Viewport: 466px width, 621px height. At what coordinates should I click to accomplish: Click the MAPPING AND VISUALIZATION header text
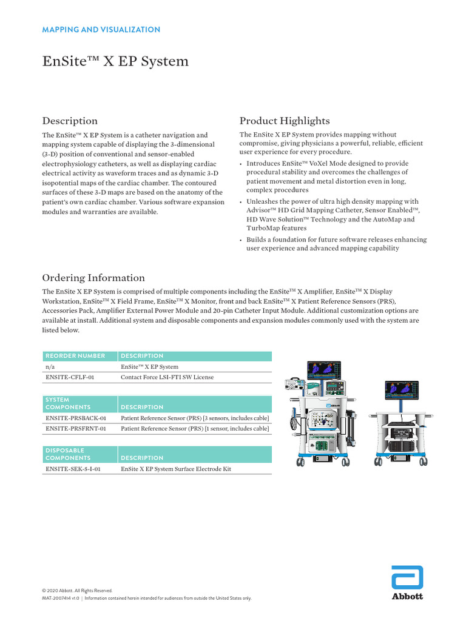(x=101, y=29)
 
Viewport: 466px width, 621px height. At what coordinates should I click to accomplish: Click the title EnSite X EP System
(x=115, y=61)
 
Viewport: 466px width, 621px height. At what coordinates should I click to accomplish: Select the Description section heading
(x=69, y=121)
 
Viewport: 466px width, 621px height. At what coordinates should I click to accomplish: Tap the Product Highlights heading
(x=285, y=121)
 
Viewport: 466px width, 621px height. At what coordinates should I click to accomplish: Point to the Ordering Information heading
(x=93, y=278)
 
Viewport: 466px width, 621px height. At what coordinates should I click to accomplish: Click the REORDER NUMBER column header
(x=75, y=356)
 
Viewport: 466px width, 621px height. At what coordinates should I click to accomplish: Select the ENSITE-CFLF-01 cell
(x=70, y=377)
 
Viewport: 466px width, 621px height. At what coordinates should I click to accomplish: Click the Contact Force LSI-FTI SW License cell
(x=167, y=377)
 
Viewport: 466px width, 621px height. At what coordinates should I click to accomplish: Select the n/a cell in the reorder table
(x=50, y=367)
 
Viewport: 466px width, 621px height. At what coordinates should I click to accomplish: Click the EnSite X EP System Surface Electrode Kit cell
(x=177, y=469)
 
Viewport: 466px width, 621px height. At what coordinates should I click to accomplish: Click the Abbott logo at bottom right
(x=407, y=583)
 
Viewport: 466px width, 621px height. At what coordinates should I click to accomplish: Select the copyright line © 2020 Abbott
(x=77, y=591)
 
